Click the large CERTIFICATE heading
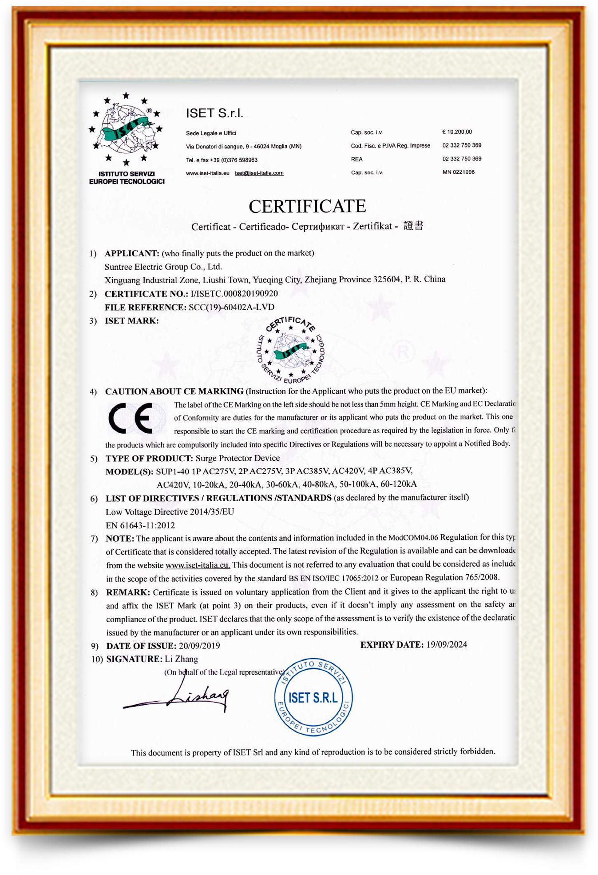307,206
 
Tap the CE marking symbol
131,418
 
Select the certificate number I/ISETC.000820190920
234,294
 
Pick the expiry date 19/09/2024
446,645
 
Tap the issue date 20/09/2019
199,646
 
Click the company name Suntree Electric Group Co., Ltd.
163,267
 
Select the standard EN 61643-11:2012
140,525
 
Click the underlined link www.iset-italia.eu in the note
198,565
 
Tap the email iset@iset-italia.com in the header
259,173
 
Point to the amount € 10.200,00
457,132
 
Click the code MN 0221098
459,172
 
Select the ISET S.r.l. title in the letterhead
214,113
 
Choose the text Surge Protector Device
238,458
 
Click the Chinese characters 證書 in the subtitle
413,226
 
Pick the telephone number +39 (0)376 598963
234,160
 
